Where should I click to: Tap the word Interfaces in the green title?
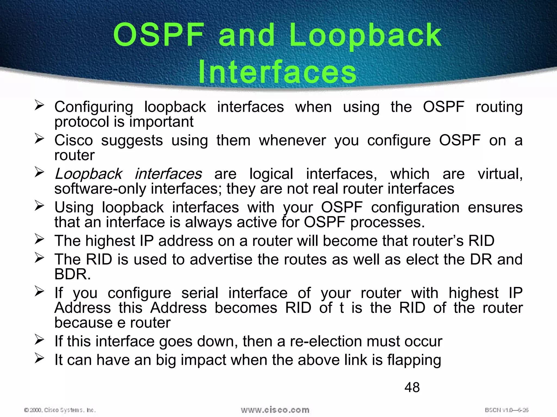(277, 72)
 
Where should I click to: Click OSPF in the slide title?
(159, 35)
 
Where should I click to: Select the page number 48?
(412, 387)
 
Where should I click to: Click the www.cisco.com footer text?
(275, 410)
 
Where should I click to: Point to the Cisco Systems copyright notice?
(60, 410)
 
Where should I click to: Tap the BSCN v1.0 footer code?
(506, 410)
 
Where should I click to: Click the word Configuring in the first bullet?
(94, 107)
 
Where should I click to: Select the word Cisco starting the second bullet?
(73, 141)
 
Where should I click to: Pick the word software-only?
(100, 189)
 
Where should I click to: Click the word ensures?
(495, 208)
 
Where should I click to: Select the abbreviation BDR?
(72, 274)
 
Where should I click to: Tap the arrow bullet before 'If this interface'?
(39, 340)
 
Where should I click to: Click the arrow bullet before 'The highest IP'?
(39, 239)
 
